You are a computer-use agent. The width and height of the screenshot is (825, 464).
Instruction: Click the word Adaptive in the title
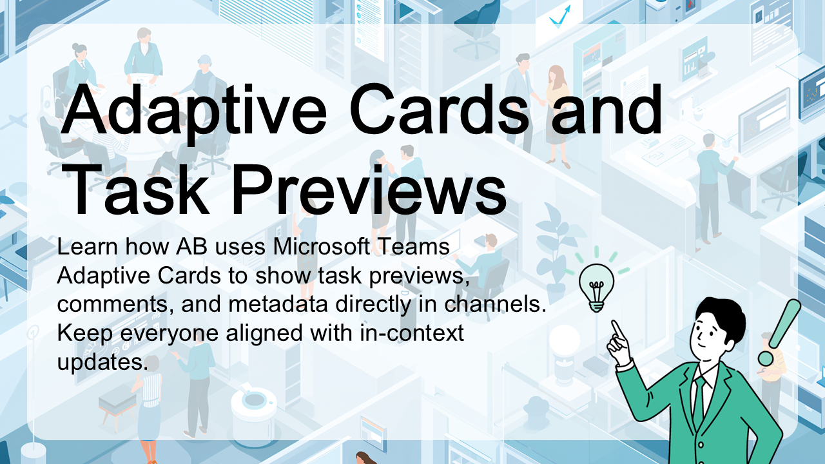tap(194, 110)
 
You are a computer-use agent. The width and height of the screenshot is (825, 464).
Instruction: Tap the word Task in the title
tap(135, 189)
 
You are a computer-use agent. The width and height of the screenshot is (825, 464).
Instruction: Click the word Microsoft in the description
tap(321, 247)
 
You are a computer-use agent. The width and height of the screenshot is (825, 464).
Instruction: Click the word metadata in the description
tap(278, 304)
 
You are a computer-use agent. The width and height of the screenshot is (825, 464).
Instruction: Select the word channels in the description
tap(496, 304)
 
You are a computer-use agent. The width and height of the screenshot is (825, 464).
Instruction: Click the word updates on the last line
tap(102, 363)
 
